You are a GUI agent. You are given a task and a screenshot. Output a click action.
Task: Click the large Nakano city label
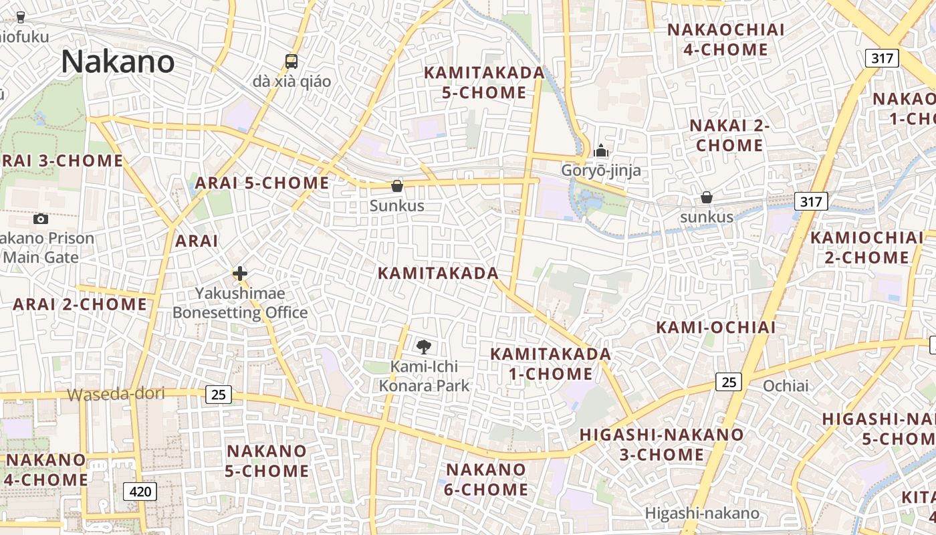[x=118, y=62]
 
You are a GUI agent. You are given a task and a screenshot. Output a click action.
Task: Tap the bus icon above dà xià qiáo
[x=291, y=62]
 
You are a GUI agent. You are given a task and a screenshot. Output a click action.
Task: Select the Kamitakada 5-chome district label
[x=484, y=83]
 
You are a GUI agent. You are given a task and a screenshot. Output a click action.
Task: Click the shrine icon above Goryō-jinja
[x=601, y=150]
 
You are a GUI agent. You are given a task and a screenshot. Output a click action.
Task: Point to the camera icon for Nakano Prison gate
[x=41, y=219]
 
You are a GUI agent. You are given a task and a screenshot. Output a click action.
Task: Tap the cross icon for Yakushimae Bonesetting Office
[x=240, y=274]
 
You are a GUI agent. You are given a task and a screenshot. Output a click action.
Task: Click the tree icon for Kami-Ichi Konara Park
[x=423, y=346]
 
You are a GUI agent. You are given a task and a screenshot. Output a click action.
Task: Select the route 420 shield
[x=140, y=492]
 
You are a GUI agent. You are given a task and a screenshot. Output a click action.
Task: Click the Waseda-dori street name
[x=116, y=394]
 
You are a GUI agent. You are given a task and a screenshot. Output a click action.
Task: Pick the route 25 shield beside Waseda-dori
[x=219, y=395]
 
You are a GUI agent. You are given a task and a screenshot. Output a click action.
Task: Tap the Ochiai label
[x=786, y=386]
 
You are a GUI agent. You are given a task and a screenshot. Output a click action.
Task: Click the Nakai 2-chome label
[x=729, y=136]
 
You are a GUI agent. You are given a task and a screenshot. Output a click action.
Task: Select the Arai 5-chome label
[x=262, y=183]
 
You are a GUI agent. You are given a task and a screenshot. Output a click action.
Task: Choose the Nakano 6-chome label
[x=486, y=479]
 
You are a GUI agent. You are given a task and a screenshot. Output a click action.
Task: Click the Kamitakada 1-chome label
[x=551, y=364]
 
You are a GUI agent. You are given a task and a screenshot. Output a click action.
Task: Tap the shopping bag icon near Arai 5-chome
[x=397, y=186]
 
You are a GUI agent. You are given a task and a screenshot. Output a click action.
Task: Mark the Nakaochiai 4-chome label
[x=725, y=40]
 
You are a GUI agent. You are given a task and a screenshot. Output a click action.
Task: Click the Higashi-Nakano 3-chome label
[x=661, y=445]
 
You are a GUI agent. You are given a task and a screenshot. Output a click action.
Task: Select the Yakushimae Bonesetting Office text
[x=240, y=303]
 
